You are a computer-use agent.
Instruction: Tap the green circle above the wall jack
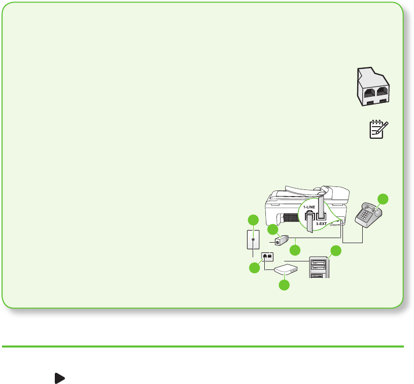pyautogui.click(x=252, y=220)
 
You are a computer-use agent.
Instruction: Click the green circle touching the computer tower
pyautogui.click(x=336, y=250)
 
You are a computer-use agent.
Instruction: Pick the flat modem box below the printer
pyautogui.click(x=286, y=270)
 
